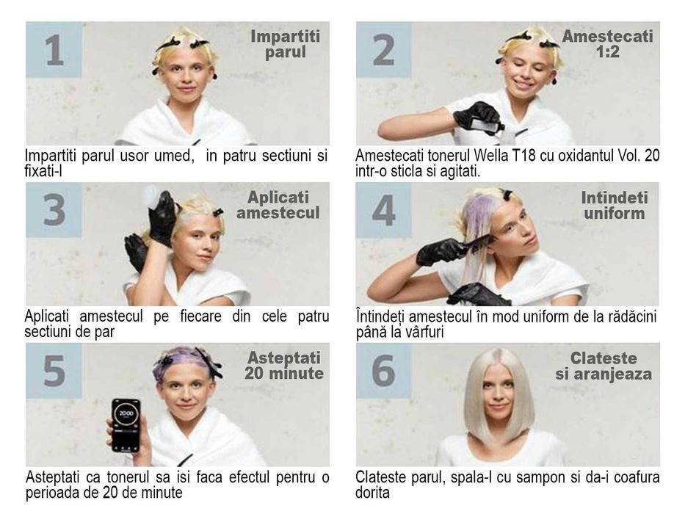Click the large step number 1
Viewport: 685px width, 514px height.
pyautogui.click(x=54, y=50)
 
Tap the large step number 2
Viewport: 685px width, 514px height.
pyautogui.click(x=384, y=50)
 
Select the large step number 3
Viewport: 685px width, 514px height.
pyautogui.click(x=54, y=211)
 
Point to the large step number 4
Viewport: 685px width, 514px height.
pyautogui.click(x=384, y=211)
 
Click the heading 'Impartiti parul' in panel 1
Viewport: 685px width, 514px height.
pyautogui.click(x=286, y=44)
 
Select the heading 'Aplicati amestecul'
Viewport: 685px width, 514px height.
pyautogui.click(x=278, y=205)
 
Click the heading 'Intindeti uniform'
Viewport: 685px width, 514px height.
pyautogui.click(x=614, y=205)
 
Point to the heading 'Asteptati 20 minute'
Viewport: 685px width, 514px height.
pyautogui.click(x=283, y=366)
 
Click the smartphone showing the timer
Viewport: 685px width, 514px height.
pyautogui.click(x=126, y=425)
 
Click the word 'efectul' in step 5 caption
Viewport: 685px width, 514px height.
pyautogui.click(x=247, y=477)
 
